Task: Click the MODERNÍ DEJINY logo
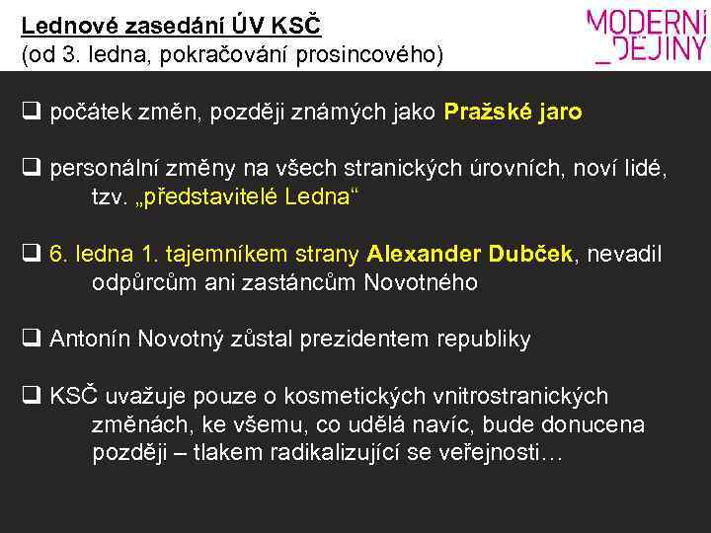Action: [647, 37]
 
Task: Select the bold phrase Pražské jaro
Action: [513, 113]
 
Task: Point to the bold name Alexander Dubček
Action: [469, 255]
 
